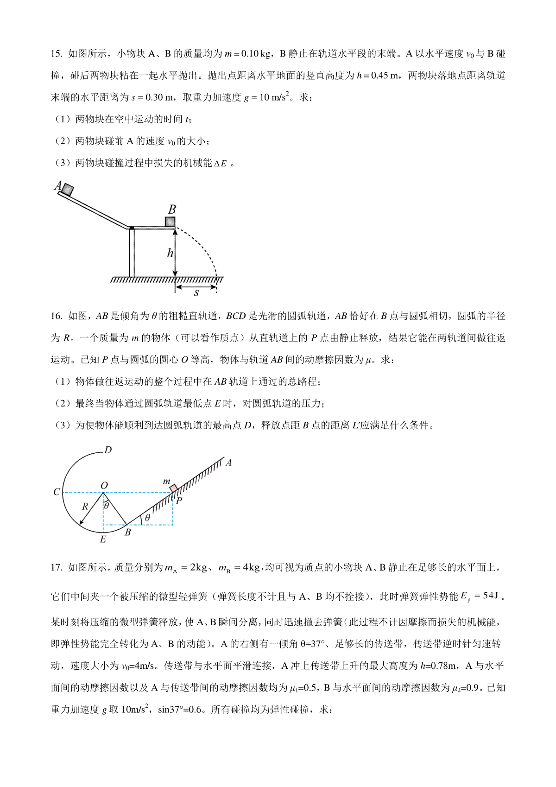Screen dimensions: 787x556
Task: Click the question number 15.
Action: tap(56, 54)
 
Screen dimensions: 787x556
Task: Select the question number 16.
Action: tap(56, 316)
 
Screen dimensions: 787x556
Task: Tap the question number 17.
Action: tap(56, 567)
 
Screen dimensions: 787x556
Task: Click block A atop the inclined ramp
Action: tap(68, 189)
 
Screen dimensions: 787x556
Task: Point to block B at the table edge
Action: tap(170, 222)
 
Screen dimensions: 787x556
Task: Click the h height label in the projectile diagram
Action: tap(170, 253)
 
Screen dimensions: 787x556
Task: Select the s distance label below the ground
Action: tap(196, 293)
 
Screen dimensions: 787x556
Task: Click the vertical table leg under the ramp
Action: tap(132, 253)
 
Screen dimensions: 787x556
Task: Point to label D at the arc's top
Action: tap(108, 450)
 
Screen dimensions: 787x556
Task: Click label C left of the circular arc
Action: tap(57, 492)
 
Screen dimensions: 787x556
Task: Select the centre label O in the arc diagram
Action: tap(104, 485)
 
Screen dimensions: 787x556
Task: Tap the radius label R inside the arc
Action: tap(85, 507)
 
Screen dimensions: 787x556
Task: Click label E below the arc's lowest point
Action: tap(103, 539)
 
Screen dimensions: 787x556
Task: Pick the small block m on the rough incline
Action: tap(173, 489)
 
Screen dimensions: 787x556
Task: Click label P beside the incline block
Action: tap(179, 500)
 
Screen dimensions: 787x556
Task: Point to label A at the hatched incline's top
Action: tap(228, 462)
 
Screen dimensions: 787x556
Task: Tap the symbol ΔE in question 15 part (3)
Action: tap(221, 163)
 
